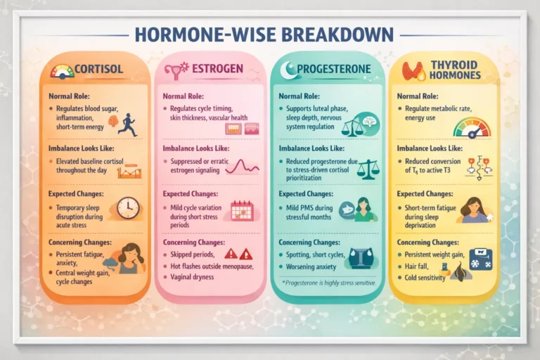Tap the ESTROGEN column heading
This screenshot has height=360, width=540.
[x=217, y=69]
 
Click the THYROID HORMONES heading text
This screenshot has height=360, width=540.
[x=454, y=69]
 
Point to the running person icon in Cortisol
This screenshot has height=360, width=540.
[x=127, y=124]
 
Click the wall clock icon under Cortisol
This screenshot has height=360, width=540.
[x=127, y=208]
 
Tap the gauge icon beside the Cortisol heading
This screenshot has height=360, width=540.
[x=63, y=70]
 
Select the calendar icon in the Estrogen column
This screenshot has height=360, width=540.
[x=242, y=210]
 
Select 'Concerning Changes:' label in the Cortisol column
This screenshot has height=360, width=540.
[x=78, y=243]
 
